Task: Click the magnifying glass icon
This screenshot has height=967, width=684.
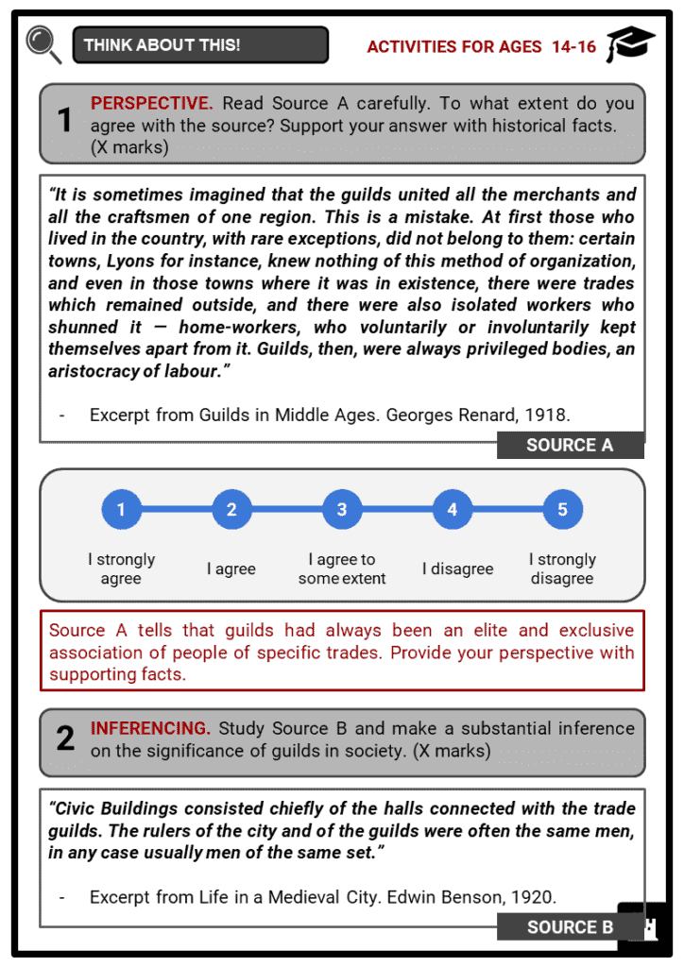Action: [x=43, y=43]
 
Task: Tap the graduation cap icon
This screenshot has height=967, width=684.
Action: [x=630, y=44]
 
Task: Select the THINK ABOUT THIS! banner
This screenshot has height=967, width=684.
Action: [x=200, y=44]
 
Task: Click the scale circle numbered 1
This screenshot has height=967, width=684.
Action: [x=121, y=510]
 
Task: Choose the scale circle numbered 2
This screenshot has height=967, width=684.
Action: [x=231, y=510]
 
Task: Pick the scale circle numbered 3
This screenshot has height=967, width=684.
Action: [x=342, y=510]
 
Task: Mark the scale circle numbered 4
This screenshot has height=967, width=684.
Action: [x=453, y=510]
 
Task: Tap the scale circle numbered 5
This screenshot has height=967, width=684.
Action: [x=562, y=510]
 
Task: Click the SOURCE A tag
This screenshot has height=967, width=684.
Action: [x=570, y=445]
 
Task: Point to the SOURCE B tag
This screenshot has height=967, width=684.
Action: [x=570, y=926]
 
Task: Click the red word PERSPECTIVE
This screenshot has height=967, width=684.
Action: [x=151, y=103]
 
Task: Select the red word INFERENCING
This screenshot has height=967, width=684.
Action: [x=150, y=728]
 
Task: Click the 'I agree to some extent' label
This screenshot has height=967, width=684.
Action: [x=342, y=568]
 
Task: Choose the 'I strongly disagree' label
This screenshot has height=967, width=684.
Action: [x=562, y=568]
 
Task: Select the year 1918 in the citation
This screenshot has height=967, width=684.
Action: [x=551, y=414]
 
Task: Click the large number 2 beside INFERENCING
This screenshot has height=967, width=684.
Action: [x=64, y=738]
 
